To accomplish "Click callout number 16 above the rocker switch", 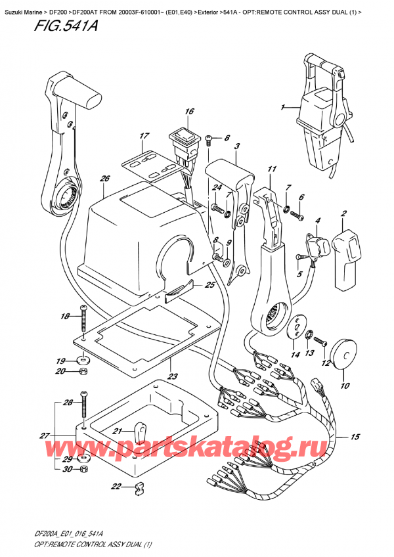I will (189, 112).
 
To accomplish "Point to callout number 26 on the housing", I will (104, 179).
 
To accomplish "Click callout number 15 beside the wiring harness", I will (374, 437).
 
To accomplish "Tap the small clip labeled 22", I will (138, 487).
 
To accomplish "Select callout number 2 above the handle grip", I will (343, 215).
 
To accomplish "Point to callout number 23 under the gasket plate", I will (173, 377).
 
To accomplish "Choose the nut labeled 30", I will (83, 470).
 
